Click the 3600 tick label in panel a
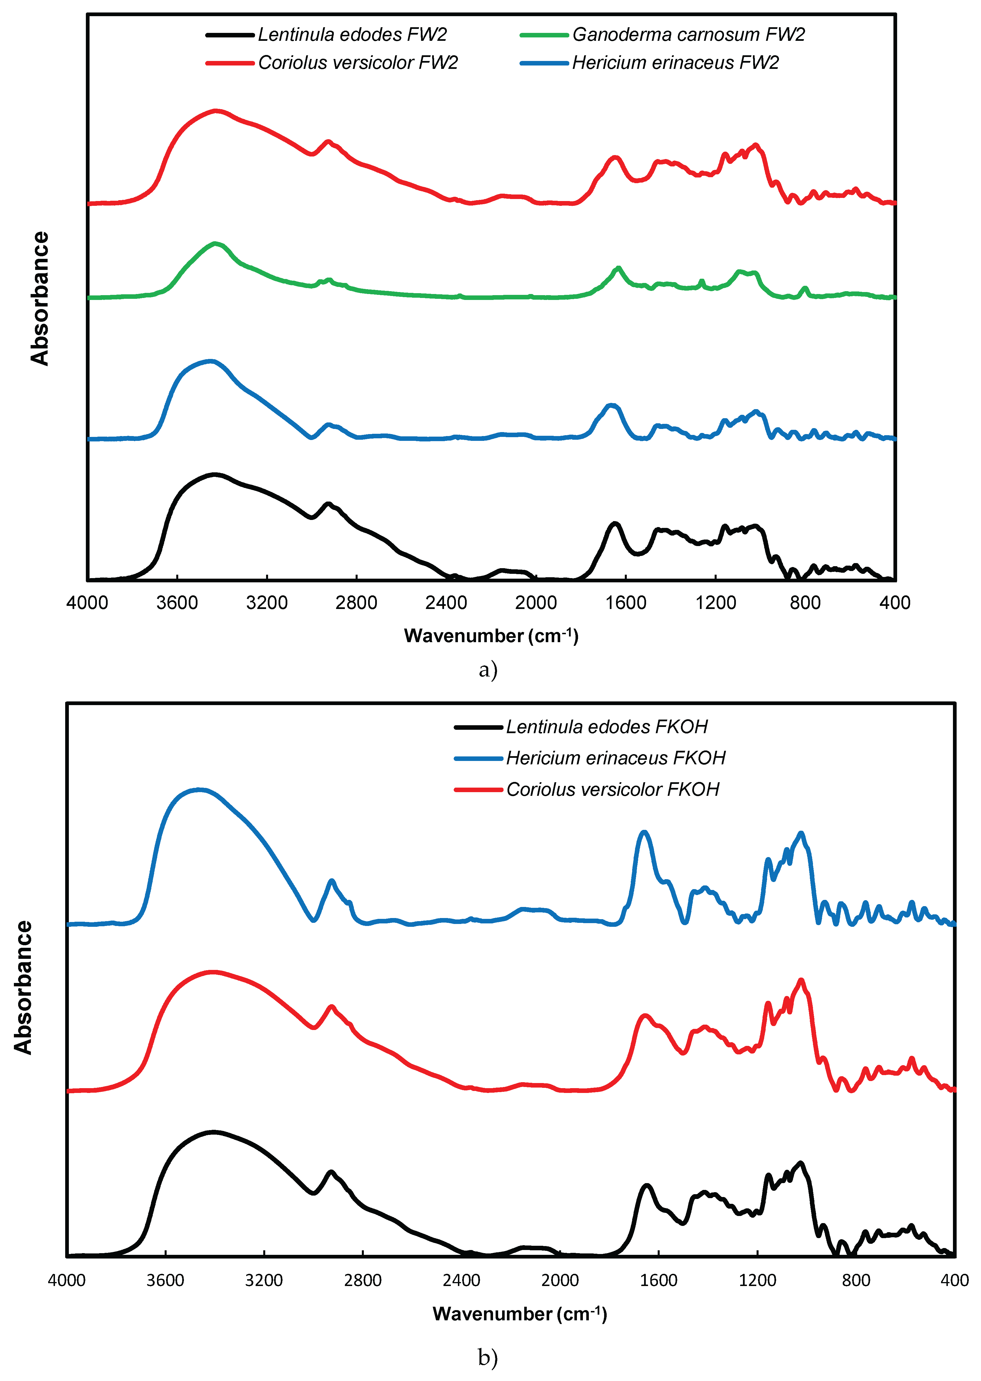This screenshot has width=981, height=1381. pos(177,602)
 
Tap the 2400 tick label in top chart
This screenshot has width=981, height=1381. pos(446,602)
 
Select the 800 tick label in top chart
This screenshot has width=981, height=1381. pos(805,602)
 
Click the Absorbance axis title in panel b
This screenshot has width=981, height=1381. pos(23,987)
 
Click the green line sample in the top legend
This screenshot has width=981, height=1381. pos(544,35)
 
